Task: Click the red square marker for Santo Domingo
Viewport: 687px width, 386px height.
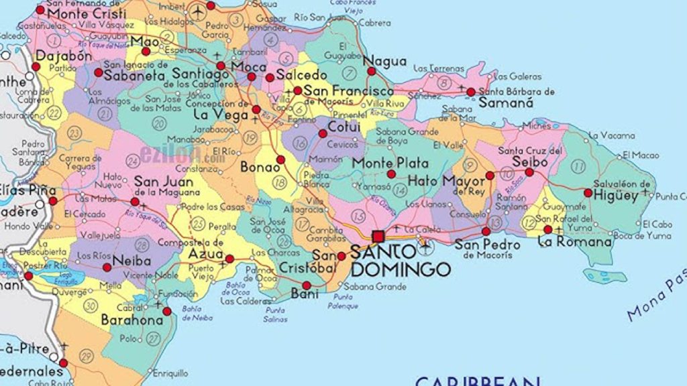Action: click(x=378, y=236)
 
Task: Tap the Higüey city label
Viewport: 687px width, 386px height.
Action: click(x=618, y=196)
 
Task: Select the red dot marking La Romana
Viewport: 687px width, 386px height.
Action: click(x=547, y=229)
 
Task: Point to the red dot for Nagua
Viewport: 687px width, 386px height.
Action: click(x=370, y=71)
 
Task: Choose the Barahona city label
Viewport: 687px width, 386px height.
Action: click(x=132, y=321)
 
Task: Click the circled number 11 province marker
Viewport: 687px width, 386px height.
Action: click(x=578, y=166)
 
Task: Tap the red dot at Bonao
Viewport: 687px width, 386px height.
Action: click(x=280, y=159)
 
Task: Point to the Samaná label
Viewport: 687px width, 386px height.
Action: click(x=506, y=103)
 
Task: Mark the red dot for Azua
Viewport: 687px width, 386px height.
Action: click(x=229, y=259)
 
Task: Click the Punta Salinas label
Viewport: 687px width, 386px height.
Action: click(x=275, y=314)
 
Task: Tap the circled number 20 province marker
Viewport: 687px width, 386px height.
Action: click(x=159, y=123)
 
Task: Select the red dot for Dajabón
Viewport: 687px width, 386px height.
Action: click(x=35, y=67)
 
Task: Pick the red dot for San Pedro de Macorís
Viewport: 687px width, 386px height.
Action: click(x=486, y=231)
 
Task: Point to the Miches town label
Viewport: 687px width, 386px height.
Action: click(x=536, y=125)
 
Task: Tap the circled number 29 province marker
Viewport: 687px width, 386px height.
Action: click(x=86, y=355)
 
